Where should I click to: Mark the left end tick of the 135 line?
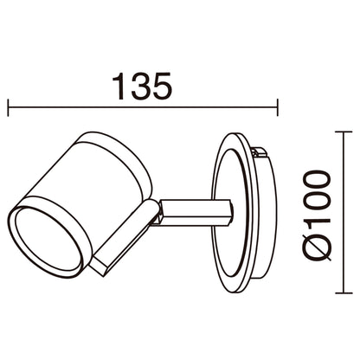click(9, 109)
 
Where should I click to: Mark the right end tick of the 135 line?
click(276, 109)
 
